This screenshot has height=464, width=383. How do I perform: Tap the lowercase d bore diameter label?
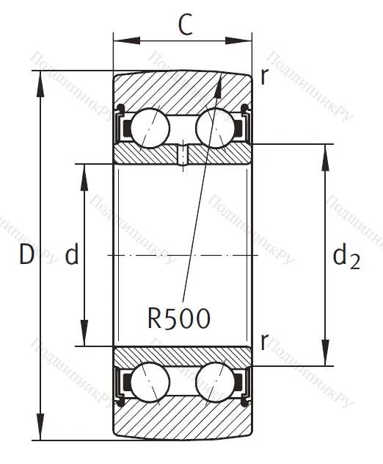coord(72,256)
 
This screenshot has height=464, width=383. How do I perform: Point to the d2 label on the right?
coord(346,257)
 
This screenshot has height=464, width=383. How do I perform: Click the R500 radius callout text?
coord(179,318)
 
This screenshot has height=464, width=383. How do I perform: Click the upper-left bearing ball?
coord(151,126)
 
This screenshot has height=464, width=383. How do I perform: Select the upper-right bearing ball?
coord(214,126)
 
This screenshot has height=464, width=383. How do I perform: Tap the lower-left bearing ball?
coord(151,383)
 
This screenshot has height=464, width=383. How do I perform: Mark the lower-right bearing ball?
coord(214,383)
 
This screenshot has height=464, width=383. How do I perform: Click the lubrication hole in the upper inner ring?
coord(182,155)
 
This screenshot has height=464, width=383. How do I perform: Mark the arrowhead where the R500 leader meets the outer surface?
coord(218,80)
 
